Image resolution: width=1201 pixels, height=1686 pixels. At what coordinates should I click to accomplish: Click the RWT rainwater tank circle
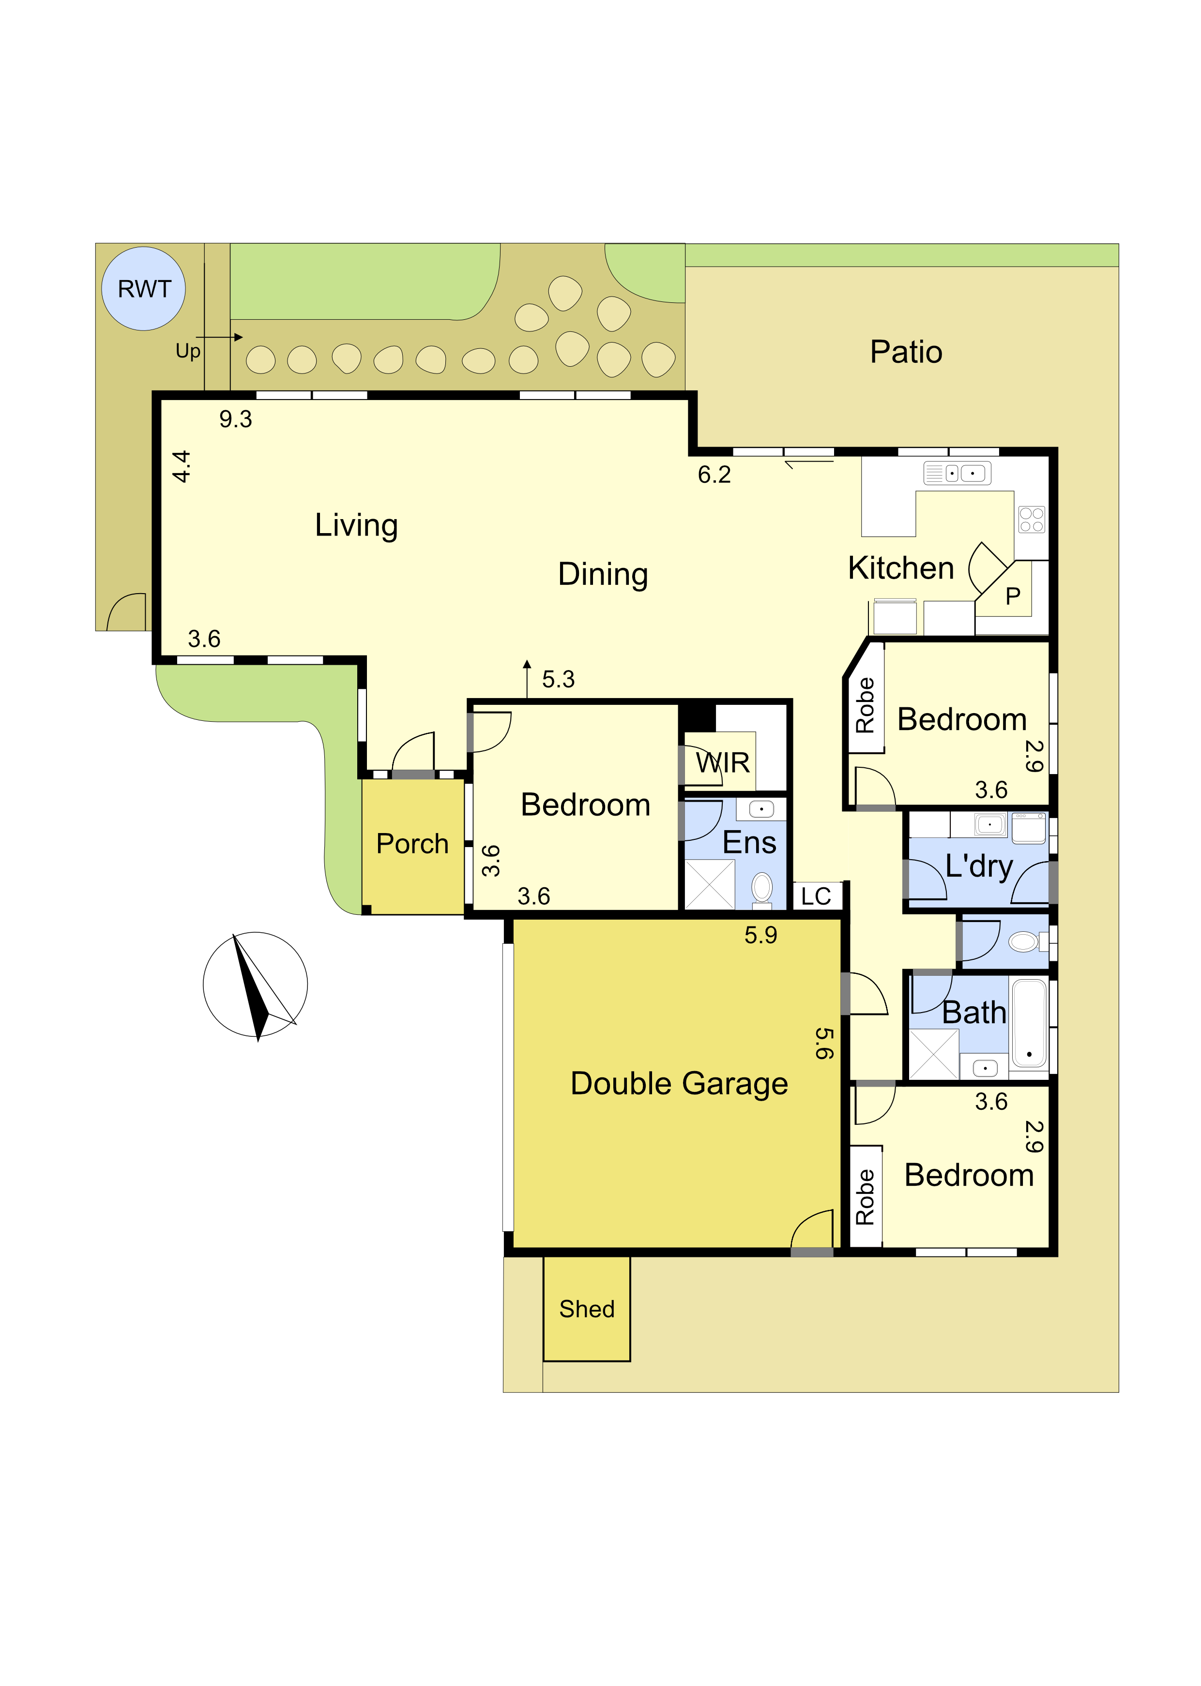click(143, 288)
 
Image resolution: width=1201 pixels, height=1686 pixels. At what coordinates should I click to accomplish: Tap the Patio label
click(906, 352)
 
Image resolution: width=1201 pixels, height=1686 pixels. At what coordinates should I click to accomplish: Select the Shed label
click(586, 1309)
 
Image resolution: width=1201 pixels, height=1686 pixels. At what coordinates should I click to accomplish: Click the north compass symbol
click(255, 985)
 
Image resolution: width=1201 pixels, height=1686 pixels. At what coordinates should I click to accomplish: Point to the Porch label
click(412, 843)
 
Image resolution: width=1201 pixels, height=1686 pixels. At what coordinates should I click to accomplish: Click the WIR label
click(723, 762)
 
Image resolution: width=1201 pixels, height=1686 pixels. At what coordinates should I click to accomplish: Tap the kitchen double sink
click(957, 473)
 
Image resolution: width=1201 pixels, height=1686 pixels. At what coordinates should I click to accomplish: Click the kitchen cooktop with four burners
click(1032, 520)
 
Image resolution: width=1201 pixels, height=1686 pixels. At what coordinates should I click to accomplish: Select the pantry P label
click(1012, 596)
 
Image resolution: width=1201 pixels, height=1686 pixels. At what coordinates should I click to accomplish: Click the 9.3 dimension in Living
click(235, 419)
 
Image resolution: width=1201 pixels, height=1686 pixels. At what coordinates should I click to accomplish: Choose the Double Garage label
click(679, 1084)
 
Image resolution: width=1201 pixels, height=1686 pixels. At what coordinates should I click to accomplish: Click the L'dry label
click(978, 866)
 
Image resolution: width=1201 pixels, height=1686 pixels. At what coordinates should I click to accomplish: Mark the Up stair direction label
click(188, 351)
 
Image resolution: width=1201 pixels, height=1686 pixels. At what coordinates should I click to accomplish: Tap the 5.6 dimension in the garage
click(824, 1043)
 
